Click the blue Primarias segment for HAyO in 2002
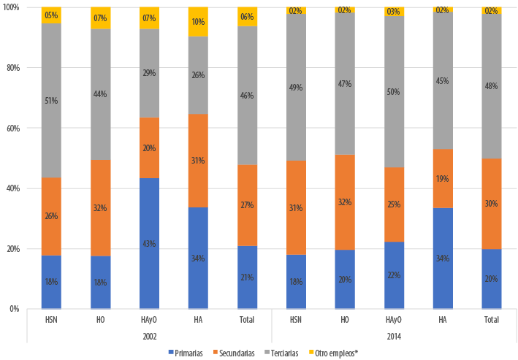pyautogui.click(x=150, y=242)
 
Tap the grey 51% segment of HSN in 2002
pyautogui.click(x=51, y=101)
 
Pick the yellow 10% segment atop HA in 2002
pyautogui.click(x=199, y=22)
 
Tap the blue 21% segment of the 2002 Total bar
pyautogui.click(x=248, y=277)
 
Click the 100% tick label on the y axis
pyautogui.click(x=12, y=7)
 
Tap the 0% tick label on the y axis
pyautogui.click(x=15, y=309)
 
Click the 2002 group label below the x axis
pyautogui.click(x=149, y=335)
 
